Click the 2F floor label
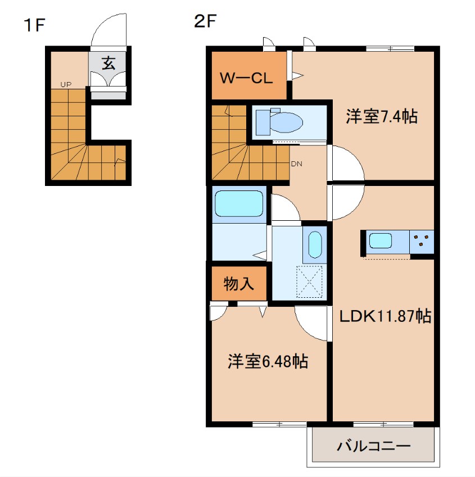coord(205,22)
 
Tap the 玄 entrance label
coord(108,63)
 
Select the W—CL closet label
coord(246,78)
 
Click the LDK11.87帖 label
coord(385,316)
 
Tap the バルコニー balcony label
coord(374,447)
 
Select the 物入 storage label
coord(238,284)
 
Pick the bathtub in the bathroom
coord(239,203)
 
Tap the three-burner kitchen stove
coord(422,242)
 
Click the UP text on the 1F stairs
coord(66,85)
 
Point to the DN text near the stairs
coord(296,164)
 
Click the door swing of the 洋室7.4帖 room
coord(345,163)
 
